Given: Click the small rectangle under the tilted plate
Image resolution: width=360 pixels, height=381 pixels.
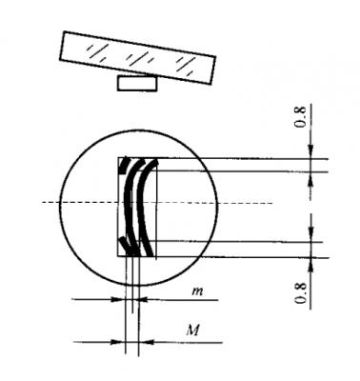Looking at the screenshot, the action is click(x=137, y=84).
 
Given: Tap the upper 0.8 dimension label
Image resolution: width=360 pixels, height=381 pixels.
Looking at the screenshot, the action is click(x=300, y=117).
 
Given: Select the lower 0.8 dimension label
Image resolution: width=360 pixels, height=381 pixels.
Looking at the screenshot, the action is click(x=300, y=292).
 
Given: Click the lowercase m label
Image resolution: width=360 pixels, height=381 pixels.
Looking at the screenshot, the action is click(x=197, y=291).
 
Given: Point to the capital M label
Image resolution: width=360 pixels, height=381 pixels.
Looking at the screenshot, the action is click(x=192, y=331).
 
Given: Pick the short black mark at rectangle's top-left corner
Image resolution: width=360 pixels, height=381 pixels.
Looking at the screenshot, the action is click(x=124, y=165).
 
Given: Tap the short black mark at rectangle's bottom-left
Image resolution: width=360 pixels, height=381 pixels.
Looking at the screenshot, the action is click(x=125, y=245).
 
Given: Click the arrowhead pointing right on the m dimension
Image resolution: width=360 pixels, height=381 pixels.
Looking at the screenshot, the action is click(x=118, y=299).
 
